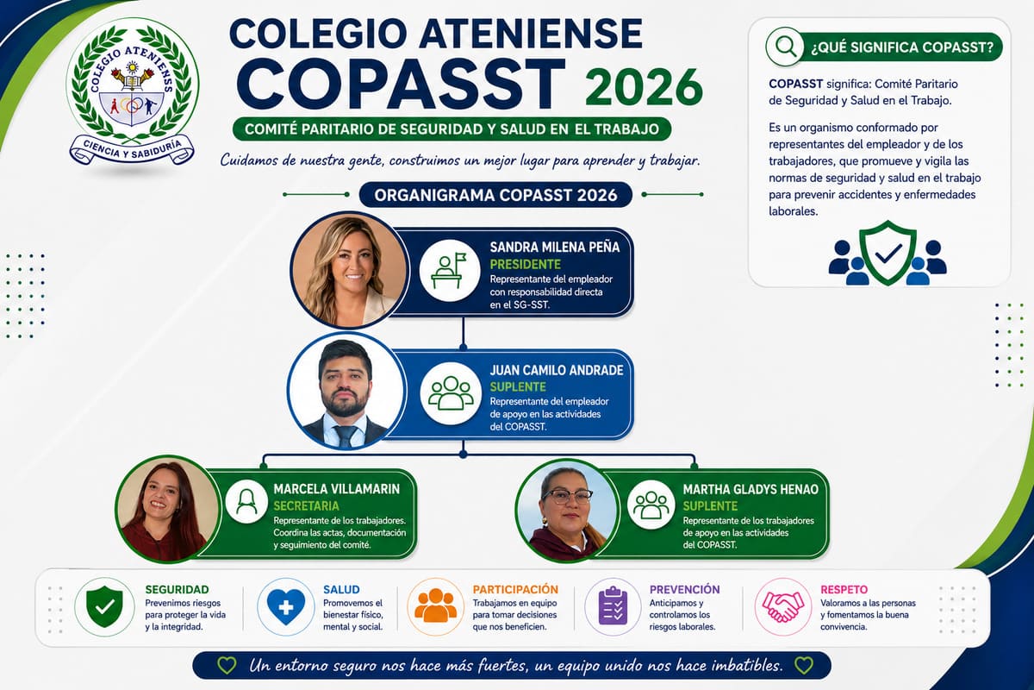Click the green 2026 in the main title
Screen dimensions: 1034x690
pos(644,88)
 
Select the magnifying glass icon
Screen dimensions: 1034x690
pos(785,47)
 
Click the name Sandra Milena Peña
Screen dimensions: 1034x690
pos(555,248)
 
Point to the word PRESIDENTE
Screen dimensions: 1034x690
pos(526,264)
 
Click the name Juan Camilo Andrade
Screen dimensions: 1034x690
pos(557,370)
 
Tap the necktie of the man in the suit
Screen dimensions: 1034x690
pos(346,436)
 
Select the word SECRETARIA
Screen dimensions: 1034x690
pos(307,505)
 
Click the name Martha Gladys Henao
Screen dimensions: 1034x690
pos(751,489)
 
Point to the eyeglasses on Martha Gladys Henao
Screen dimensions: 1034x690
pos(567,497)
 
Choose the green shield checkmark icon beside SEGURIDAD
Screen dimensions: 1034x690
pos(105,607)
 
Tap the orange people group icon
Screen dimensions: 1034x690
pos(435,605)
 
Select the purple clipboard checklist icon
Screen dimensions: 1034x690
pos(613,605)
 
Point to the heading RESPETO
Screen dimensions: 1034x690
pos(844,589)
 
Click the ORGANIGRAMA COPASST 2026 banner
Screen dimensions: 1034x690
pos(495,195)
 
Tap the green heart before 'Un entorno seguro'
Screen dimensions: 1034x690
pos(227,666)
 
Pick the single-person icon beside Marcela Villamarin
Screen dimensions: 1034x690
pos(246,502)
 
